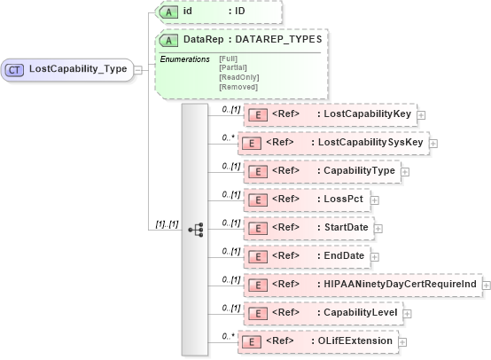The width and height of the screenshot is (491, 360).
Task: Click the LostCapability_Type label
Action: (78, 68)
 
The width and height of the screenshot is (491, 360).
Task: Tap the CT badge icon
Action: (16, 68)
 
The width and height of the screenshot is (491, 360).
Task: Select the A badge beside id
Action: (168, 12)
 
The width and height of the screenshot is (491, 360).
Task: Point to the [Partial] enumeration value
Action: (232, 67)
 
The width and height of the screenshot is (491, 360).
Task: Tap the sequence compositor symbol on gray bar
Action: (196, 229)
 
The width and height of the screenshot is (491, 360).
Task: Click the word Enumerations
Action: (184, 58)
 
